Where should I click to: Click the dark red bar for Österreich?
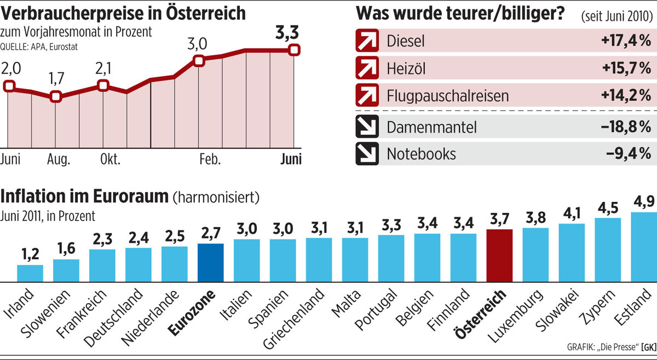(499, 256)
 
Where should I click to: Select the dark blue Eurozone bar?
(210, 263)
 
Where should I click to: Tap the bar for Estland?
(644, 247)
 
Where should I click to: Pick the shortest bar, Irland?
(30, 273)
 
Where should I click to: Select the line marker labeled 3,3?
(295, 50)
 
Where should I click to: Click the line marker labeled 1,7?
(55, 97)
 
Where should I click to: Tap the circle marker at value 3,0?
(199, 61)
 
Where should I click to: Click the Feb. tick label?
(210, 160)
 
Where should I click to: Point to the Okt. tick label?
(109, 160)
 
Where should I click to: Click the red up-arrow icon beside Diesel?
(367, 41)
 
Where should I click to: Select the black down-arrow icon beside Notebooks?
(367, 154)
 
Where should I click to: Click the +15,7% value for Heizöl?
(626, 68)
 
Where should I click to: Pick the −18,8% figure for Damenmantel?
(626, 127)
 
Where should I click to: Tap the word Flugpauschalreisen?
(448, 96)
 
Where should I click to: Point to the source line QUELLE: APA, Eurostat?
(39, 47)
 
